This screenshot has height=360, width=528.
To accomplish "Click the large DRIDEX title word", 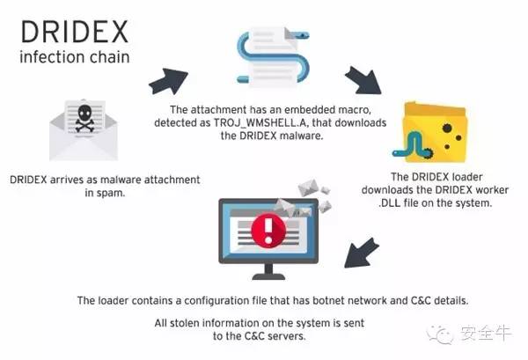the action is tap(75, 32).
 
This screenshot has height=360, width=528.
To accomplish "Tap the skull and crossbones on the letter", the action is tap(84, 118).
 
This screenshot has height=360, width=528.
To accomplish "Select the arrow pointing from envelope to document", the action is tap(168, 81).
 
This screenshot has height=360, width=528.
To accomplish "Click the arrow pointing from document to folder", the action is tap(363, 80).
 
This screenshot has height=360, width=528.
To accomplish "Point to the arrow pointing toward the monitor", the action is tap(361, 253).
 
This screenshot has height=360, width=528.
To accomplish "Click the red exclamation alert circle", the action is tap(268, 231).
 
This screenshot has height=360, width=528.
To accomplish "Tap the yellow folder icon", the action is tap(435, 132).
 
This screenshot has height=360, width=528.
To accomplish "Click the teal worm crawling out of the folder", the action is tap(412, 145).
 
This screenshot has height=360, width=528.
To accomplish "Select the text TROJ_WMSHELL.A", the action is tap(260, 122).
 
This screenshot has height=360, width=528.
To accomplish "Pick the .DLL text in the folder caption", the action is tap(389, 202).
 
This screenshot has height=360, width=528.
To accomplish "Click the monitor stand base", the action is tap(268, 276).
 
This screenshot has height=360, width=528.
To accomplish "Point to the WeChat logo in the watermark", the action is tap(441, 334).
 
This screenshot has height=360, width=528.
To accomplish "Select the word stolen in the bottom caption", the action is tap(184, 323).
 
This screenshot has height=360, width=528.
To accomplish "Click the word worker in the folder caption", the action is tap(492, 189).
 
